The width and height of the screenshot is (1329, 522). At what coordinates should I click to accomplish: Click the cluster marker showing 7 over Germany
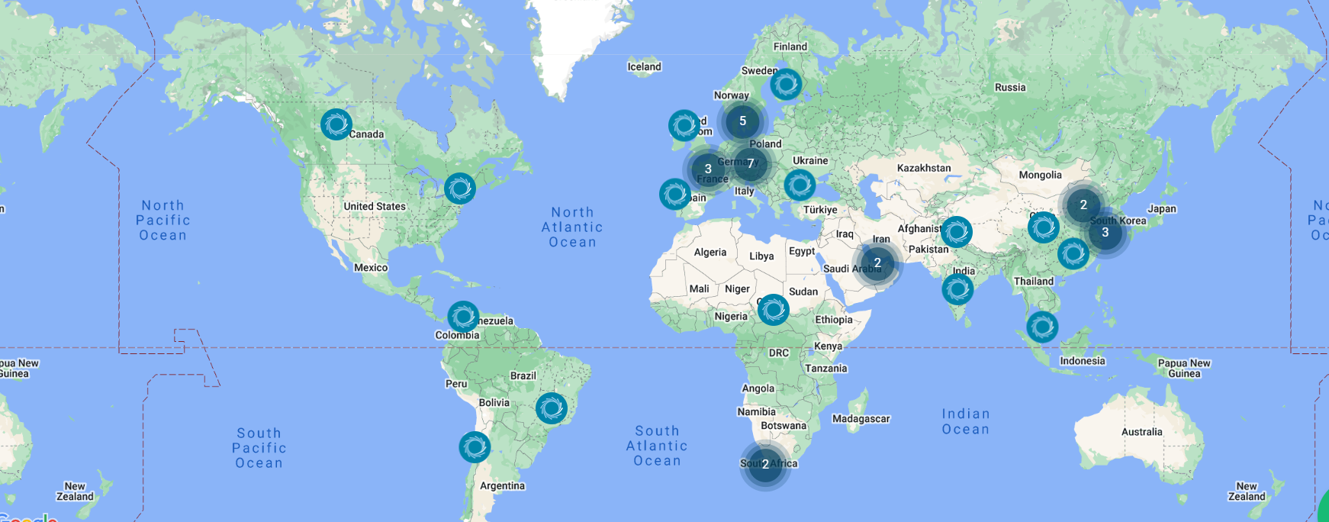(751, 163)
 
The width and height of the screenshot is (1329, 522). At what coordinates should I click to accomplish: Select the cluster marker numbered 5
(742, 121)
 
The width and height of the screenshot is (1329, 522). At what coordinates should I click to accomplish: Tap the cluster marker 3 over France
(708, 169)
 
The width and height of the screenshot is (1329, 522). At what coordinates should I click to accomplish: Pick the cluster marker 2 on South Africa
(765, 464)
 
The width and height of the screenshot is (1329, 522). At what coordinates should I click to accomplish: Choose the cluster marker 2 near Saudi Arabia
(877, 263)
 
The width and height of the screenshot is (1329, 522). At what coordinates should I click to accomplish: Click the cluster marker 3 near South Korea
(1105, 233)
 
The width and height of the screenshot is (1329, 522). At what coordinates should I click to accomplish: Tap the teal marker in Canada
(336, 124)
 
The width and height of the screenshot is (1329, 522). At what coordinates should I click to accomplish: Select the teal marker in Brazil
(551, 408)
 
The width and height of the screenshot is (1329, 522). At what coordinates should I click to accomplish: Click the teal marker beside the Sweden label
(785, 84)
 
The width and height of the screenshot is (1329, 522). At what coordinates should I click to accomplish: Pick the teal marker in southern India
(957, 289)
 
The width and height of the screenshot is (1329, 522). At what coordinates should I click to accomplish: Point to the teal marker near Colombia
(462, 317)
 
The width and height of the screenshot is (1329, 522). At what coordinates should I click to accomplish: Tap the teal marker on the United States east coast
(460, 188)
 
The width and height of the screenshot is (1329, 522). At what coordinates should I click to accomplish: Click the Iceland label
(644, 67)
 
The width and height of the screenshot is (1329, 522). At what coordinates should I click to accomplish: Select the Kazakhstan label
(924, 168)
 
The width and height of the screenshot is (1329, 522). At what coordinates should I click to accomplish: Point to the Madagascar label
(861, 419)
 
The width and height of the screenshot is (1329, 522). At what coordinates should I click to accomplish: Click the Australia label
(1141, 432)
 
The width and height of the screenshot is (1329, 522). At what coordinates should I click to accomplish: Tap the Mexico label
(371, 268)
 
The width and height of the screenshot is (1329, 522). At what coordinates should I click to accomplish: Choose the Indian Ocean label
(965, 421)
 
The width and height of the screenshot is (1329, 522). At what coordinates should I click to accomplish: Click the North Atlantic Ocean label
(572, 227)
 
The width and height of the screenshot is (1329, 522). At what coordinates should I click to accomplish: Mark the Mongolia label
(1040, 175)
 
